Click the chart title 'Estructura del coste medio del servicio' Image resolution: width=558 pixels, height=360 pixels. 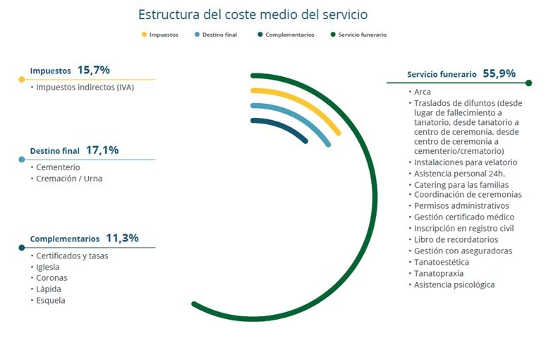pos(253,14)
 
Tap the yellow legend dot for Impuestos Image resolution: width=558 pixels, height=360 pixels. pos(145,35)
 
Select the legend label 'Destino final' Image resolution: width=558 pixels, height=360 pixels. pos(219,35)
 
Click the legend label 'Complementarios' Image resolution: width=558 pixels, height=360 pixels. pos(290,35)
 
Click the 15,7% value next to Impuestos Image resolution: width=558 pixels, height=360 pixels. pos(94,70)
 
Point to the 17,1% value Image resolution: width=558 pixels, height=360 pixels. pos(102,150)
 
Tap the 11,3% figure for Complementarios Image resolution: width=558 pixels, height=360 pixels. pos(122,238)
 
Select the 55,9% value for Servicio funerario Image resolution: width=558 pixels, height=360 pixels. pos(499,73)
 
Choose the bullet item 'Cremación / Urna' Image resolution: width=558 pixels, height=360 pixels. pos(68,179)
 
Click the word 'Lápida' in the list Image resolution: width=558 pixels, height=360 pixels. pos(48,289)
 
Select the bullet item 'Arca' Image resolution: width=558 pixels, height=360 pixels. pos(423,92)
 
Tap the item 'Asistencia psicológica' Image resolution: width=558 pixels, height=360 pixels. pos(454,284)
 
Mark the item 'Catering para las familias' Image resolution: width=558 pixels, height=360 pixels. pos(461,185)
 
